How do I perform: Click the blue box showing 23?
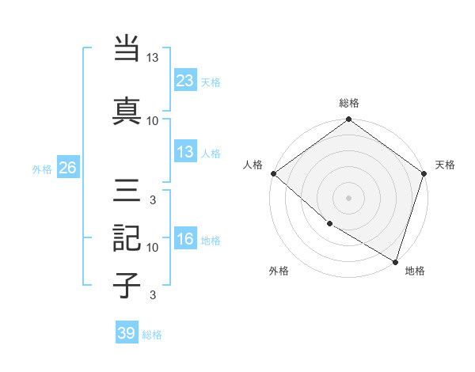coord(185,80)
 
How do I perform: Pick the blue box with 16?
coord(185,239)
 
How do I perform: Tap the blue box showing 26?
coord(67,168)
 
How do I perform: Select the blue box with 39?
coord(127,333)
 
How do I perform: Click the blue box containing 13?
coord(185,152)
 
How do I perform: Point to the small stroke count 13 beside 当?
coord(153,58)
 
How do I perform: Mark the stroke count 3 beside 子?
coord(153,295)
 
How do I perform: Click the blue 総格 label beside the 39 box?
coord(152,335)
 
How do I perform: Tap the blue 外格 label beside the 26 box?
coord(42,169)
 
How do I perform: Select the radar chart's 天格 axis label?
coord(445,165)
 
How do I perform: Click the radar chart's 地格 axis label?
coord(415,271)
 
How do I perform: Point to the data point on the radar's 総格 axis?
coord(348,120)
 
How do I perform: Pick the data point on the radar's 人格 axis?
coord(273,173)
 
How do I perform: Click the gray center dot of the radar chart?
coord(348,198)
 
